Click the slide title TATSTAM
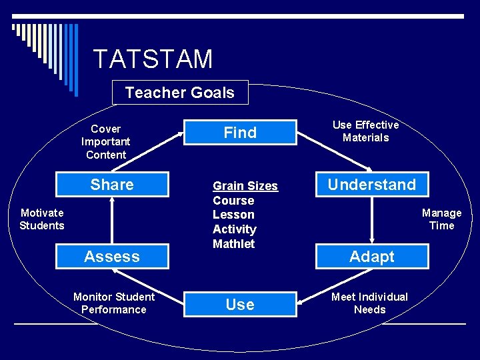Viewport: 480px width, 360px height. coord(153,59)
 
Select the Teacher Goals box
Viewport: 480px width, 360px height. coord(179,93)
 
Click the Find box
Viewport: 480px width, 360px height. coord(240,133)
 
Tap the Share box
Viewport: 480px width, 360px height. coord(112,185)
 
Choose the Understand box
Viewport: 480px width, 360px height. coord(372,185)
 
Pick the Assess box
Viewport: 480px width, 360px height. coord(112,257)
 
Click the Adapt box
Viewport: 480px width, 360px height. coord(372,257)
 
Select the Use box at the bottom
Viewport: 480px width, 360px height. coord(240,305)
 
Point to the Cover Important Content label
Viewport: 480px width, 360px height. coord(105,141)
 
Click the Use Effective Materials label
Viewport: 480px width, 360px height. coord(365,131)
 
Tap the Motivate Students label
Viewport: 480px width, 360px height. coord(42,219)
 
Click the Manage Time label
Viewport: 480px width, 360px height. coord(441,219)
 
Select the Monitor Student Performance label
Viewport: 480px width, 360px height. coord(113,303)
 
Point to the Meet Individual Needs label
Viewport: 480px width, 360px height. coord(370,303)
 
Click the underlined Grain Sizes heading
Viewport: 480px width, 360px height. coord(245,186)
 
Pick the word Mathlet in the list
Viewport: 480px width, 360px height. coord(233,243)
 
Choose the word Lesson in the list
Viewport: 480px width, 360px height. coord(233,215)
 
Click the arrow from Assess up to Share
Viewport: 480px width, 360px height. coord(112,220)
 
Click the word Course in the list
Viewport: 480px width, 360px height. coord(233,201)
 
